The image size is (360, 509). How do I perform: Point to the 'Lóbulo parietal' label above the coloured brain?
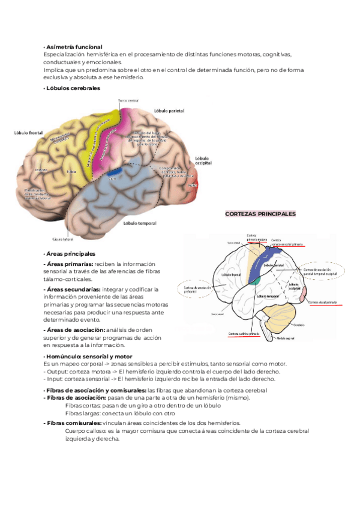[169, 111]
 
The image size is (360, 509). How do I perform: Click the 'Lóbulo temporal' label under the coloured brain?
[139, 224]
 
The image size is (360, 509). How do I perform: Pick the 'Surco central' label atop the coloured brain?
[128, 100]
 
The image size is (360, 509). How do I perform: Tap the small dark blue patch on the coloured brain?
[113, 175]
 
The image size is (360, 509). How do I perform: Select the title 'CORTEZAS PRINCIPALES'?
[260, 214]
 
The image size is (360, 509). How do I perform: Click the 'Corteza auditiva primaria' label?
[242, 334]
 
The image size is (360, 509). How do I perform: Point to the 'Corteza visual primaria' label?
[325, 303]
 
